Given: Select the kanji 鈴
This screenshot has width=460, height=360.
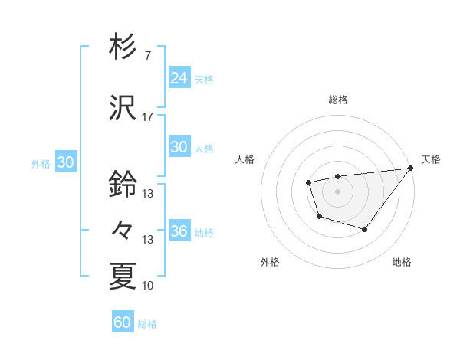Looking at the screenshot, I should click(123, 185).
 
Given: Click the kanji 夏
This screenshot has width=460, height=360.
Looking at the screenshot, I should click(123, 277).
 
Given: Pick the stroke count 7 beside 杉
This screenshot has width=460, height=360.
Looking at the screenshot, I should click(147, 55).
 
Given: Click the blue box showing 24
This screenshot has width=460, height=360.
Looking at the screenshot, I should click(179, 77).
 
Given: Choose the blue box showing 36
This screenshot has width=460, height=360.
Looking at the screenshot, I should click(179, 231).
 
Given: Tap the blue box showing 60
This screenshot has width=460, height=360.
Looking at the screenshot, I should click(123, 322).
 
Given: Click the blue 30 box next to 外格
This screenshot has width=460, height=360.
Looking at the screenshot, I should click(65, 162).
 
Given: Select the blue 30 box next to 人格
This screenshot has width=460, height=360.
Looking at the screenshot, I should click(179, 147).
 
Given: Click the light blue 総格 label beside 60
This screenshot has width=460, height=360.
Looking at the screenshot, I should click(148, 324).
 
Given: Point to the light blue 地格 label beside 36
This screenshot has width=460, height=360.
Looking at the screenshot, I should click(204, 233).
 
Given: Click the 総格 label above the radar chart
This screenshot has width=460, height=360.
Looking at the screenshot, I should click(338, 100).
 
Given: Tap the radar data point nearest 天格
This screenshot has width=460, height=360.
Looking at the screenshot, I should click(410, 169).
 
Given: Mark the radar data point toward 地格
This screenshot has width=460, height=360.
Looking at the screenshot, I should click(365, 229).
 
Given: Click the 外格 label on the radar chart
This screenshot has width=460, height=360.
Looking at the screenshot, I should click(270, 263).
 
